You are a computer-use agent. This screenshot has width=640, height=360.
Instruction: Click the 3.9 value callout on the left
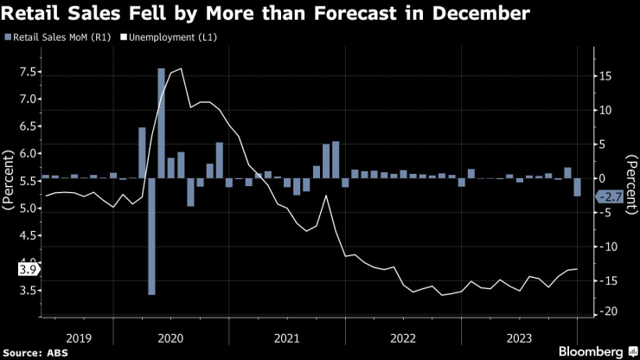(x=26, y=270)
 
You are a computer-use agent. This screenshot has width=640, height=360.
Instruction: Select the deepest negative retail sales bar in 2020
(x=152, y=236)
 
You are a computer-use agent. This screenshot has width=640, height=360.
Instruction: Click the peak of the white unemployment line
(x=180, y=69)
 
